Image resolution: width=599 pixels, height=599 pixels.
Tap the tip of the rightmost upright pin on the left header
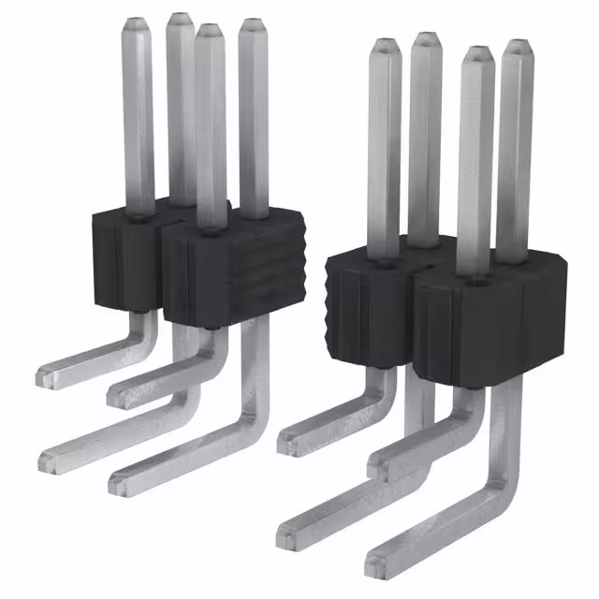coord(253,25)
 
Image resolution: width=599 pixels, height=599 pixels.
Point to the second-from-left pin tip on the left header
coord(181,19)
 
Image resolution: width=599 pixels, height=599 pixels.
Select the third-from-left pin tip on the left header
coord(210,31)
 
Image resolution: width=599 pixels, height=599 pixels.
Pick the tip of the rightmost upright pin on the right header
coord(518,46)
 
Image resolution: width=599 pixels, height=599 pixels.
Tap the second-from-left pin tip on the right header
coord(426,39)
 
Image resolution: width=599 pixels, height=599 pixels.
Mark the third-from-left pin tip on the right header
coord(476,52)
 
